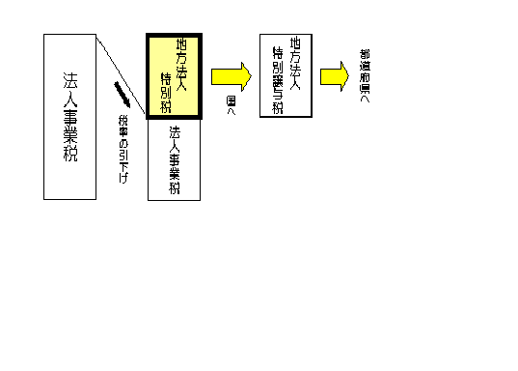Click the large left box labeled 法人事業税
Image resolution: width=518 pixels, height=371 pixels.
click(69, 116)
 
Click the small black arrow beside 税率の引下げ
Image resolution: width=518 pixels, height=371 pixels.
click(123, 95)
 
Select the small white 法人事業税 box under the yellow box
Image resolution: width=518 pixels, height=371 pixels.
click(174, 159)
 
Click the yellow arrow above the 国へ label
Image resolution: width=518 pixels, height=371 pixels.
click(231, 75)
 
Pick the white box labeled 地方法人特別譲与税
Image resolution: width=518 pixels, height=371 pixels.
click(286, 74)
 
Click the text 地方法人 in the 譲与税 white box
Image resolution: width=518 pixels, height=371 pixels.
click(295, 59)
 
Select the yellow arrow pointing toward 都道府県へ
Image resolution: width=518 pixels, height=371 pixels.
click(335, 75)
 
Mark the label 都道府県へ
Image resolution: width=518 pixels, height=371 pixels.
click(365, 74)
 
